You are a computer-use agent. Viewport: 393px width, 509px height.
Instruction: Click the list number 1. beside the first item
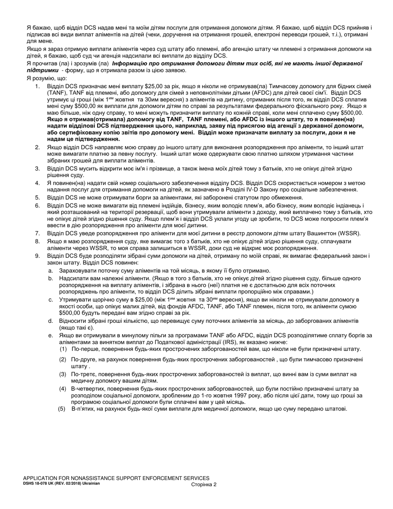37,86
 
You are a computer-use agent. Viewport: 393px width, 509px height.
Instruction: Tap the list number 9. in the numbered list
37,256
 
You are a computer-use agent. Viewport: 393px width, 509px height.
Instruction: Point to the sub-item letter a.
50,271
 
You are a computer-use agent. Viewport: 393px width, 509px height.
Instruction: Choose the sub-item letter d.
50,321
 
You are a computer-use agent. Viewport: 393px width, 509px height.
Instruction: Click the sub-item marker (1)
63,349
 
